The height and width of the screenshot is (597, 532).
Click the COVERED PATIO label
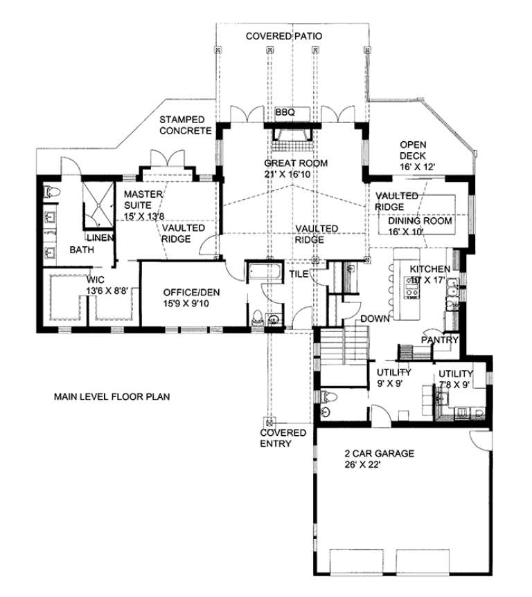click(284, 36)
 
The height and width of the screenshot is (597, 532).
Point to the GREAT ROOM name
click(294, 163)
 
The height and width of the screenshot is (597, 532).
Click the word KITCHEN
click(430, 268)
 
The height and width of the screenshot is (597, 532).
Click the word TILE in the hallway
click(299, 274)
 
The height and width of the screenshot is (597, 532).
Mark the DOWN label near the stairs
click(374, 318)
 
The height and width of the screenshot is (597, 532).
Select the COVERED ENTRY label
click(283, 438)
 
